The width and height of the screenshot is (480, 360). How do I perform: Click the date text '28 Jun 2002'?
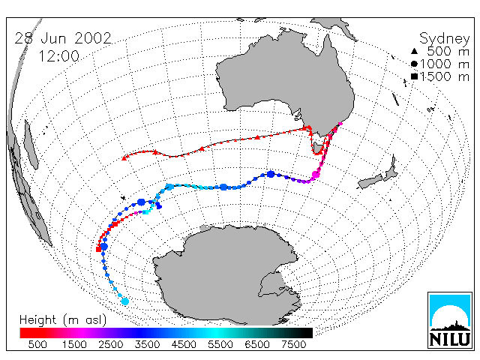click(x=63, y=38)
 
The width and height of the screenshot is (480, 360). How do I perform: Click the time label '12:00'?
click(x=58, y=56)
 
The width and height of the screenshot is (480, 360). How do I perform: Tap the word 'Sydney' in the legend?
click(x=444, y=39)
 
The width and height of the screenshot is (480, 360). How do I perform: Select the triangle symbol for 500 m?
click(x=414, y=51)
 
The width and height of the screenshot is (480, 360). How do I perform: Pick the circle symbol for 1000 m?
click(x=414, y=64)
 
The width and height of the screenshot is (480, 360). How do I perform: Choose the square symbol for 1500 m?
click(x=414, y=76)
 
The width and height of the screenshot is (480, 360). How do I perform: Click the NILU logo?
click(x=450, y=320)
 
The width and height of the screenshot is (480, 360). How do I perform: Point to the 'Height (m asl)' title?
click(x=63, y=320)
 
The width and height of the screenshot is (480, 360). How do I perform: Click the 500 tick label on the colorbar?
click(x=37, y=345)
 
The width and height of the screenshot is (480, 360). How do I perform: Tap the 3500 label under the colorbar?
click(x=147, y=345)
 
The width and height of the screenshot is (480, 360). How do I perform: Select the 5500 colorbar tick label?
click(x=220, y=345)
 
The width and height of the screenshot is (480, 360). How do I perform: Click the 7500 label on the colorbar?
click(x=293, y=345)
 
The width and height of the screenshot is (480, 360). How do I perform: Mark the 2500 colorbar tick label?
click(x=111, y=345)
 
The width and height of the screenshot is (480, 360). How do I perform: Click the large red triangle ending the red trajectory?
click(x=124, y=158)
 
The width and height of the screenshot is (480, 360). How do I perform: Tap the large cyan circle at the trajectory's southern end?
click(x=125, y=301)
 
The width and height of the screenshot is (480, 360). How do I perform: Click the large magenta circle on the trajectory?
click(x=316, y=175)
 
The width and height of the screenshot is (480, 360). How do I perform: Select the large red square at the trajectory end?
click(x=98, y=249)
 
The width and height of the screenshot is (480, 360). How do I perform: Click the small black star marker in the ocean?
click(x=123, y=198)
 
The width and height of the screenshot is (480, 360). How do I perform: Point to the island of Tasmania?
click(x=318, y=147)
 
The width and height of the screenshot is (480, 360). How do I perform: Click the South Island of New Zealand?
click(x=370, y=181)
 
